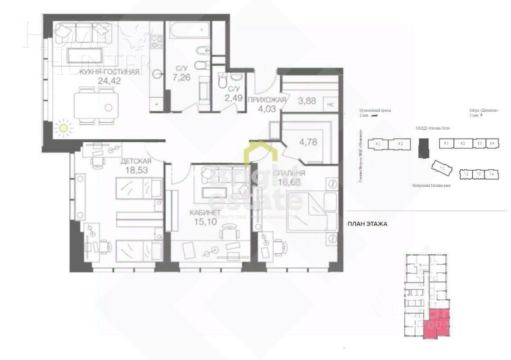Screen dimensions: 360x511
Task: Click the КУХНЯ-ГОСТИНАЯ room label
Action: click(x=109, y=71)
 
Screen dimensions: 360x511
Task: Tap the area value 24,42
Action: click(x=109, y=81)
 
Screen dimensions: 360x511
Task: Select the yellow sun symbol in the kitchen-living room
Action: click(x=63, y=128)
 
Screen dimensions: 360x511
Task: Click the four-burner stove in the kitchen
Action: click(x=157, y=41)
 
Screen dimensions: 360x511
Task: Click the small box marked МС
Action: click(x=330, y=104)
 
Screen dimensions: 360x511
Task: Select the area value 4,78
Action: click(x=308, y=142)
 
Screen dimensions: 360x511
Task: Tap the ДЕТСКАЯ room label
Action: click(x=136, y=161)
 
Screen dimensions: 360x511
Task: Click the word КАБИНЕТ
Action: click(x=205, y=212)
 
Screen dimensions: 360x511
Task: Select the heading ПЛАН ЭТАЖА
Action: click(x=367, y=223)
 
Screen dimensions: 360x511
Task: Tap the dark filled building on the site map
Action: click(x=423, y=147)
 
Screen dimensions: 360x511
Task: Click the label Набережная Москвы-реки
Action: click(x=431, y=185)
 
